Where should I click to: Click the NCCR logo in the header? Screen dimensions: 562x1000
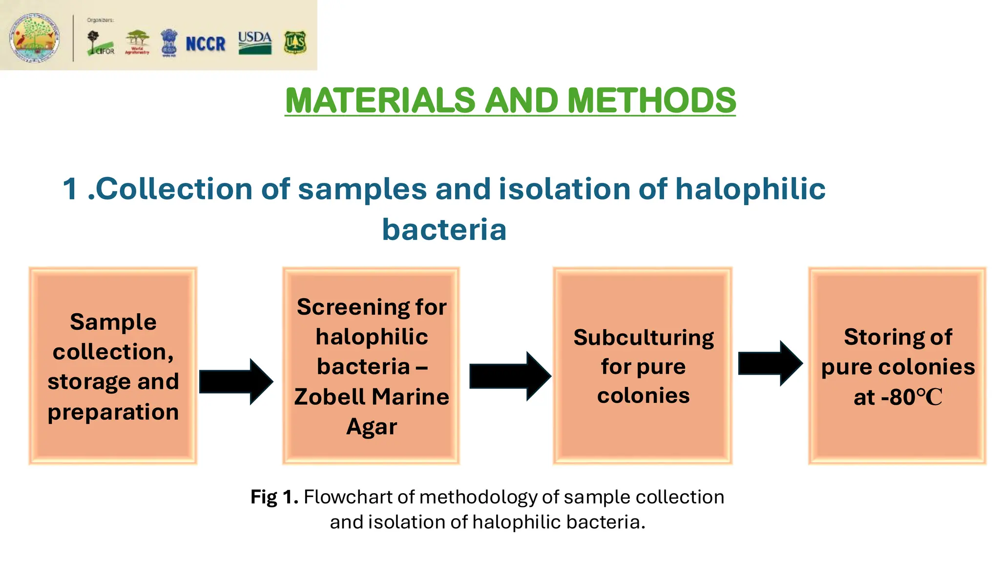click(x=206, y=44)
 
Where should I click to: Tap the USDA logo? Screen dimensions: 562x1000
click(x=255, y=42)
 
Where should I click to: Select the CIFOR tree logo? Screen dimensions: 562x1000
click(x=100, y=43)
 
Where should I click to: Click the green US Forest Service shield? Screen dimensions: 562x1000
click(x=295, y=43)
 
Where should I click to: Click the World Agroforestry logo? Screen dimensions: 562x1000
click(x=137, y=42)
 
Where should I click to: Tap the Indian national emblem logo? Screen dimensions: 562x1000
click(x=169, y=43)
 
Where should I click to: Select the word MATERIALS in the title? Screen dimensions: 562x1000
click(x=380, y=100)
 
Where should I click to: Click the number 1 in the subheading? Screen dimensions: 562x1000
click(x=70, y=189)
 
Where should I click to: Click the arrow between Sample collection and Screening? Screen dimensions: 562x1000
click(x=236, y=381)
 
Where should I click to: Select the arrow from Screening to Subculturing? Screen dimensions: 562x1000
click(x=510, y=376)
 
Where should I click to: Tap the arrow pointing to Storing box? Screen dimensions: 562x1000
click(x=770, y=363)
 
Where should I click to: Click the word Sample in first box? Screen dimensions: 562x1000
click(x=113, y=322)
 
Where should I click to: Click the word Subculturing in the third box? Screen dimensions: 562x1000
click(x=643, y=338)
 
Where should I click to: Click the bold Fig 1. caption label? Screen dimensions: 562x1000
click(x=274, y=497)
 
